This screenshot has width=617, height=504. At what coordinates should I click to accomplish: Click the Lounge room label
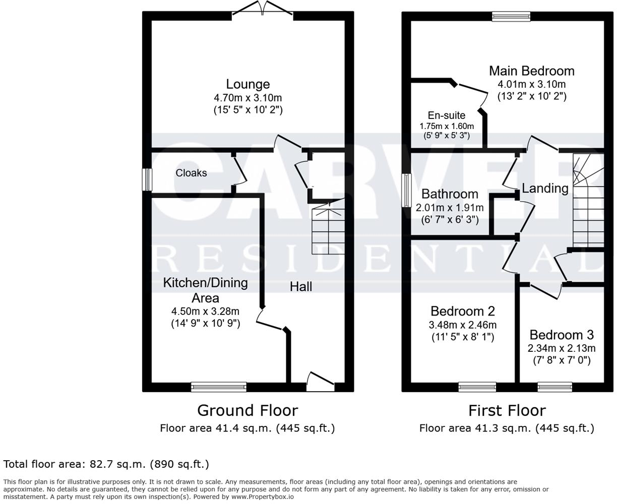[248, 84]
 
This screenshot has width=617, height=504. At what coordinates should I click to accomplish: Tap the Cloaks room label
[191, 173]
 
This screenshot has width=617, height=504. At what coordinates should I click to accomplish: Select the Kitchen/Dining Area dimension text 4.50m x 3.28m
[205, 311]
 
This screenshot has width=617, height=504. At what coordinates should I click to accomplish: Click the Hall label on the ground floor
[300, 287]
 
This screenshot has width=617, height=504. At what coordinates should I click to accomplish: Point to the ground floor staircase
[328, 230]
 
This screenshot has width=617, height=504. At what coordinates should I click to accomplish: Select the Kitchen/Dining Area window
[219, 387]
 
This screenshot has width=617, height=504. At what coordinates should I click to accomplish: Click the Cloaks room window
[147, 179]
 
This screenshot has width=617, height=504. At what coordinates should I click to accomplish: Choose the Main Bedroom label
[531, 71]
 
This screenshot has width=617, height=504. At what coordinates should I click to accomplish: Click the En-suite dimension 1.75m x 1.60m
[447, 126]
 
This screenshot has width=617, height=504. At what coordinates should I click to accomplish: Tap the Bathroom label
[450, 194]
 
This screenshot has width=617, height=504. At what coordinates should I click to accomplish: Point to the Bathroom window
[406, 190]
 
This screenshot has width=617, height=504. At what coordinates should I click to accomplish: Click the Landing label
[545, 188]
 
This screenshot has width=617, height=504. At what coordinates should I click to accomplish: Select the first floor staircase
[588, 202]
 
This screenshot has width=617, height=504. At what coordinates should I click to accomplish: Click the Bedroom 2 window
[477, 387]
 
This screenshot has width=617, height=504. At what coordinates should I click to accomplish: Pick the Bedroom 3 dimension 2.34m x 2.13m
[561, 348]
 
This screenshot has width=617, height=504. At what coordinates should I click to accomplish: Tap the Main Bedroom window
[511, 16]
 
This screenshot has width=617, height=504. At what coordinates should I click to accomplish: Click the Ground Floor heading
[247, 410]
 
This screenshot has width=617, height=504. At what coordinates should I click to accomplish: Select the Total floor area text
[106, 464]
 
